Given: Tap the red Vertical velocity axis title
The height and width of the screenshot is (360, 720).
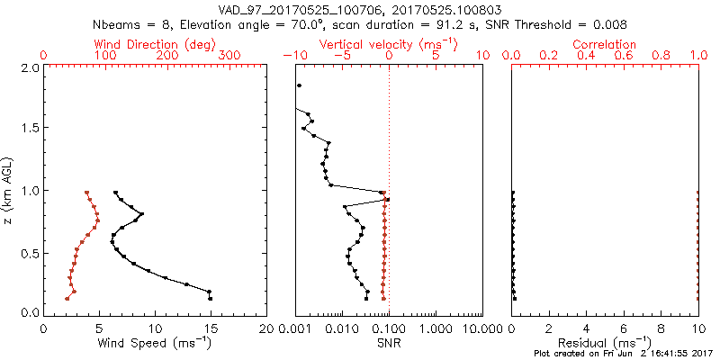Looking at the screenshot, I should click(x=388, y=44).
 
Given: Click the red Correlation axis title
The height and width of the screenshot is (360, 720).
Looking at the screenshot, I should click(x=606, y=44).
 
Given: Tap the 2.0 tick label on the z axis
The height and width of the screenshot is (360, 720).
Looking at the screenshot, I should click(x=31, y=67).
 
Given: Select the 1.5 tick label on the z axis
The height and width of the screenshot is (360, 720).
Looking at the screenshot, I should click(x=31, y=129).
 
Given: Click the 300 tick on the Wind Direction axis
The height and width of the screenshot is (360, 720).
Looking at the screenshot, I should click(x=229, y=56).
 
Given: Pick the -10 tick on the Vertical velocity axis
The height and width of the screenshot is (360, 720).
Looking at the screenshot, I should click(x=292, y=56).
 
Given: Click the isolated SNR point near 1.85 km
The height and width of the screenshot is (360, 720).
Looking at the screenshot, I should click(x=299, y=85).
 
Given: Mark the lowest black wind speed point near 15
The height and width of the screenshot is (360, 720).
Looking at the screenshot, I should click(x=210, y=298).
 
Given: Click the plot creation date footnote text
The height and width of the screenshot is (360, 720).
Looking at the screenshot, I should click(x=623, y=353).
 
